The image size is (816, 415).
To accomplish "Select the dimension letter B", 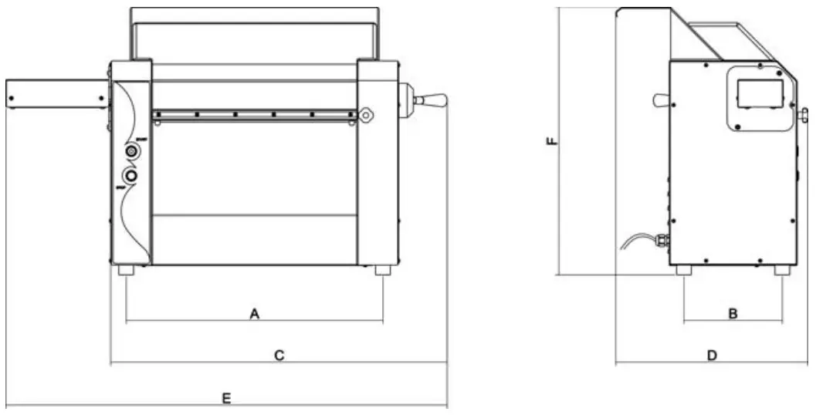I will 733,313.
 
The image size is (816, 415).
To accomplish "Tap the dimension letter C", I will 280,355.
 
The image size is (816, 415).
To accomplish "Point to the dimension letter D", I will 713,355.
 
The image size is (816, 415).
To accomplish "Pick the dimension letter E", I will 226,398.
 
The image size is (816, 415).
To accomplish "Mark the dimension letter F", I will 550,141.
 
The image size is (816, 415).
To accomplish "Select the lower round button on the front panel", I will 132,177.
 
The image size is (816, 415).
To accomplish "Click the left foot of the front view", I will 125,271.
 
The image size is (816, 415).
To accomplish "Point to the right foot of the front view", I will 383,271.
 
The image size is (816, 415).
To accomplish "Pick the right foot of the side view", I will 782,271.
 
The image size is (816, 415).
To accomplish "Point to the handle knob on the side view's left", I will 660,100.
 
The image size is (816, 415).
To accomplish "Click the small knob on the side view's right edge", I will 803,116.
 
